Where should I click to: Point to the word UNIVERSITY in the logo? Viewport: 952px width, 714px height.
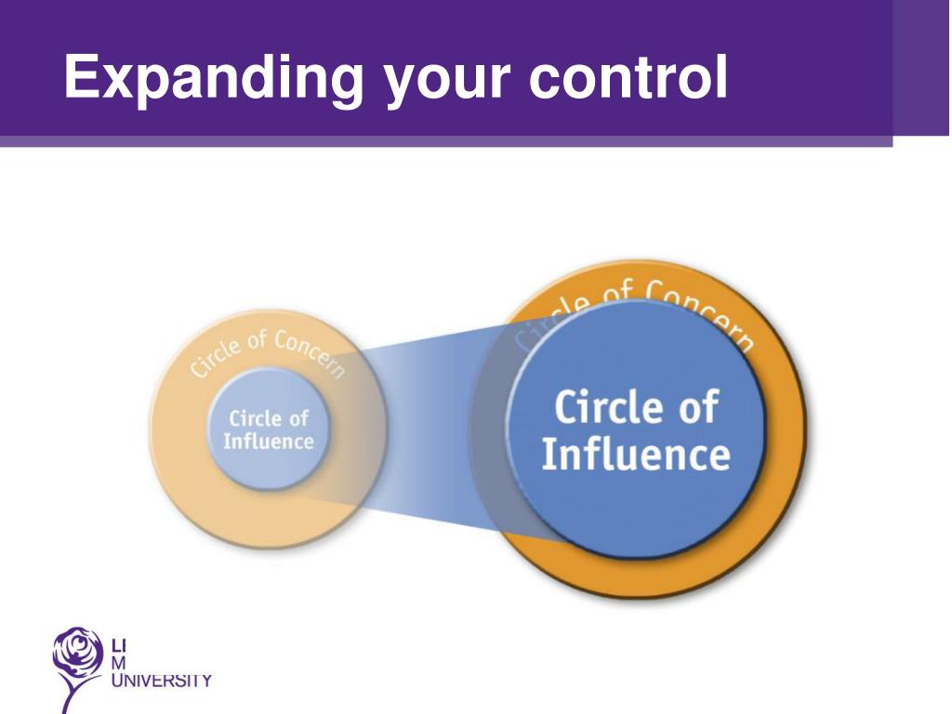[161, 681]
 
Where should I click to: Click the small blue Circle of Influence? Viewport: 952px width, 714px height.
[268, 428]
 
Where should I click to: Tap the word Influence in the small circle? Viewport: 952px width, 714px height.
[268, 441]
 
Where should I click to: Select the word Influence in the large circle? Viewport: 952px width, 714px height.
[635, 456]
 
